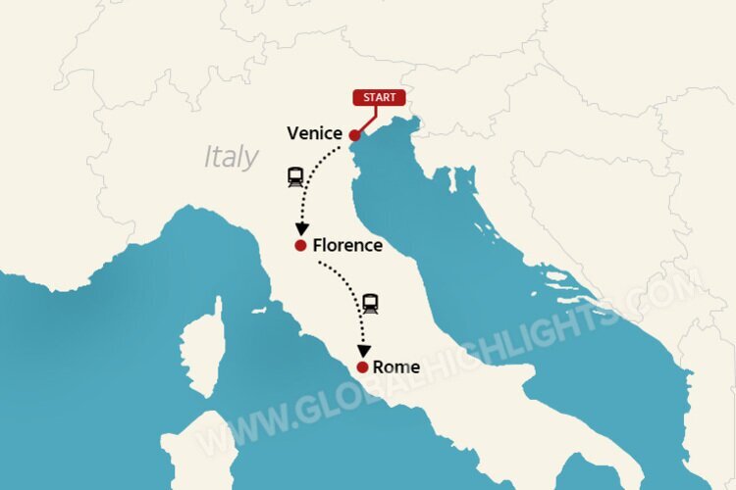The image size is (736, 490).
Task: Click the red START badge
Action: pos(379,98)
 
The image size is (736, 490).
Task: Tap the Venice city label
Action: pos(314,133)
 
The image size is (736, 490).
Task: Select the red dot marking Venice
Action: pos(354,136)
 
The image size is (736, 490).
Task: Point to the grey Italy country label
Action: pos(232,157)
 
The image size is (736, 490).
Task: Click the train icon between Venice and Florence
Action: pos(295,177)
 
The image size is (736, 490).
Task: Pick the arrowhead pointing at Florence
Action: pos(302,227)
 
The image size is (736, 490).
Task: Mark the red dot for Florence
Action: pos(300,245)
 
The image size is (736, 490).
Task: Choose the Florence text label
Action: pos(347,245)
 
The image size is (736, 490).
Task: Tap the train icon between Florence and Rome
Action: pos(370,304)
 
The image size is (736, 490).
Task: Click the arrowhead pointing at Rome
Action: pos(364,349)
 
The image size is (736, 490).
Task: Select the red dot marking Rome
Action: pos(363,367)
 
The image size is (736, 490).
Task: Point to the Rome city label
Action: pos(396,367)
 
